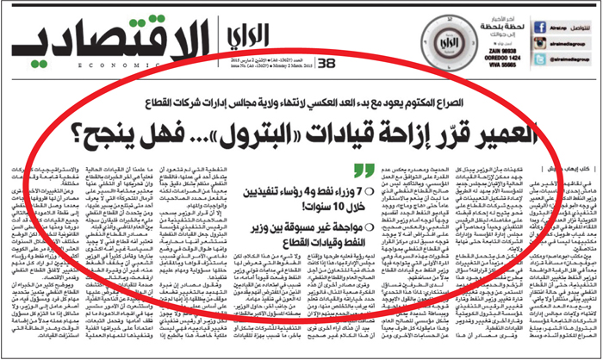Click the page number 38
pyautogui.click(x=326, y=63)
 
